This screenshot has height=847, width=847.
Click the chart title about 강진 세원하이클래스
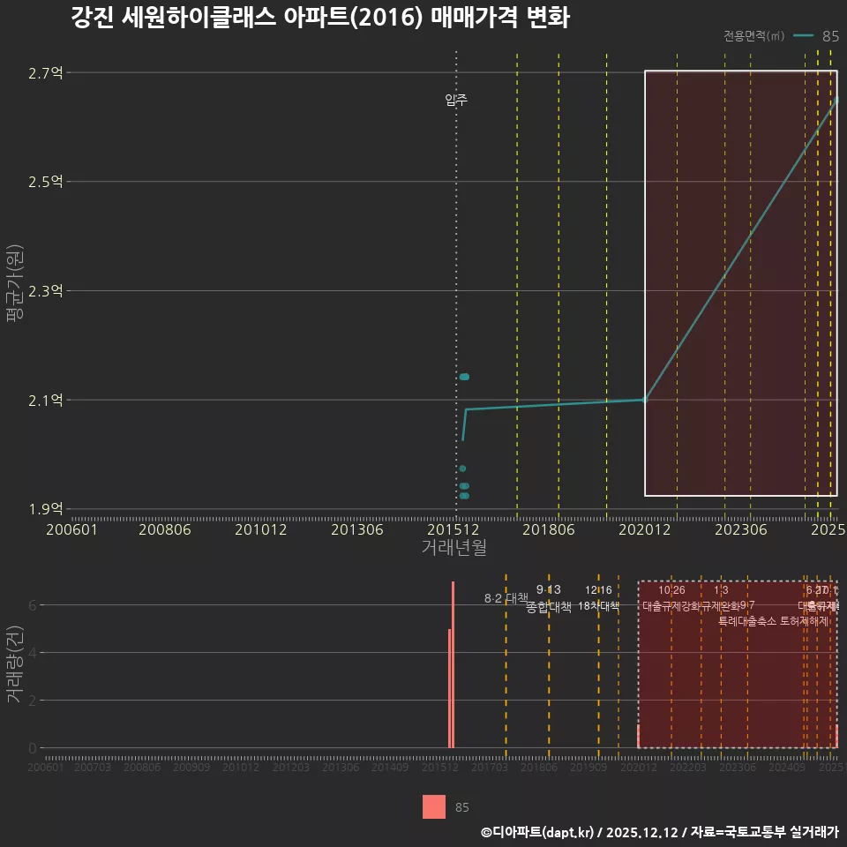(x=319, y=19)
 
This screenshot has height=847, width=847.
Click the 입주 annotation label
(x=456, y=101)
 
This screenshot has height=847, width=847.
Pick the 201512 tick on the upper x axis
(x=453, y=529)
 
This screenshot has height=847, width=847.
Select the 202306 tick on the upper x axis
(x=739, y=529)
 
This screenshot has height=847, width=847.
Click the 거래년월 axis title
(x=453, y=548)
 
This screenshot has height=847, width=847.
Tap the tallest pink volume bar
(x=453, y=665)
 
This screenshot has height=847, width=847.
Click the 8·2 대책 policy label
(x=505, y=598)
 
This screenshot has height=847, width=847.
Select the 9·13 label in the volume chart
(x=548, y=589)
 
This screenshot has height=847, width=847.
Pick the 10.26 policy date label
(x=671, y=590)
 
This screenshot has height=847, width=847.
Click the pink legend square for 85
(x=434, y=807)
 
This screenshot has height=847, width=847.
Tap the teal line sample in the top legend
(x=802, y=36)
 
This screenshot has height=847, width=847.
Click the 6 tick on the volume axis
(x=33, y=605)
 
